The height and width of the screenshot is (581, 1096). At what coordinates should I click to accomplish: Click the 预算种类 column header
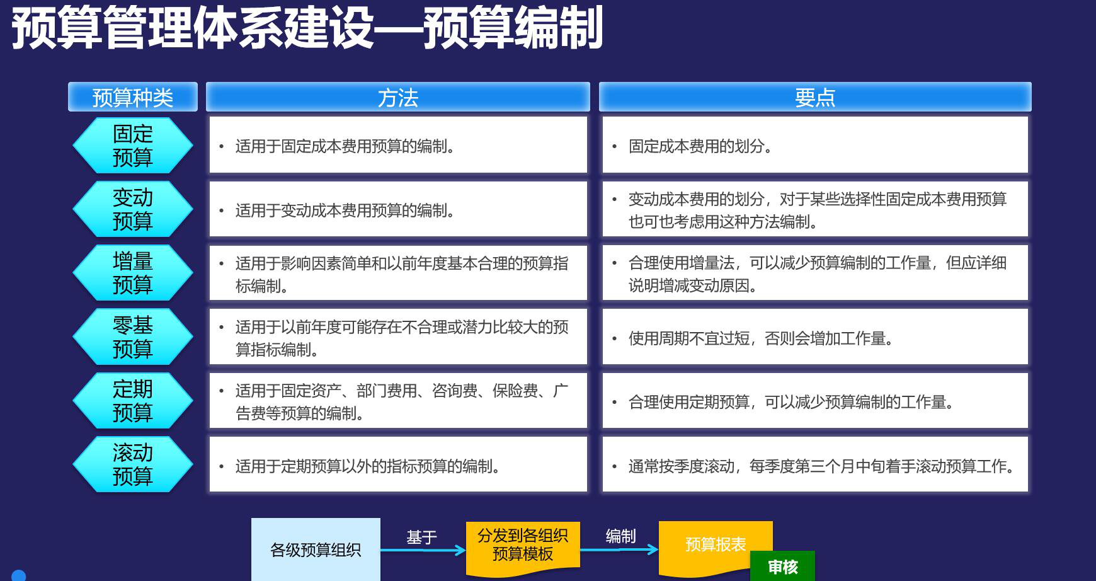[133, 97]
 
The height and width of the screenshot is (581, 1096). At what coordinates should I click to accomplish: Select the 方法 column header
[398, 97]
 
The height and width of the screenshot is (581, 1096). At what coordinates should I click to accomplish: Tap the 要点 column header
[815, 97]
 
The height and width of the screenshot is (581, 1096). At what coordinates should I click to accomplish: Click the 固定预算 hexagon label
[133, 146]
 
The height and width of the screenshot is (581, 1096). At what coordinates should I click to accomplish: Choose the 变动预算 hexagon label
[133, 209]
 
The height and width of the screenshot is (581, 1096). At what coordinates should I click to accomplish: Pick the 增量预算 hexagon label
[133, 273]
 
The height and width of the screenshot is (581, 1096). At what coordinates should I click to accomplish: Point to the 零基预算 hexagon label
[133, 337]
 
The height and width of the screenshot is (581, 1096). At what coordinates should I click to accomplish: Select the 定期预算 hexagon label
[133, 401]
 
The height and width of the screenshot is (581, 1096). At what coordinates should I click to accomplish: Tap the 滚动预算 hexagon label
[133, 464]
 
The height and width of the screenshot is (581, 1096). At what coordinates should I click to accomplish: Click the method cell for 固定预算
[398, 145]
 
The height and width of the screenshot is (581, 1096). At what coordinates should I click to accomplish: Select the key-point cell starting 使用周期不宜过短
[815, 337]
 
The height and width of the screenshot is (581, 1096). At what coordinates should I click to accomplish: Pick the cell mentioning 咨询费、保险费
[398, 401]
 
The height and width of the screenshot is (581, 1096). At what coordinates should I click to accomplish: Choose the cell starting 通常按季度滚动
[815, 464]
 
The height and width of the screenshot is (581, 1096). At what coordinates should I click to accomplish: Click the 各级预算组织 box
[316, 549]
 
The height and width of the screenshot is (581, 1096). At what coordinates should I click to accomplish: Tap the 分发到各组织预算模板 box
[523, 547]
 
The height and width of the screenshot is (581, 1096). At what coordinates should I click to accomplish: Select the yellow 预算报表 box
[716, 546]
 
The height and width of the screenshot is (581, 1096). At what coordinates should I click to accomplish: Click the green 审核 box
[783, 567]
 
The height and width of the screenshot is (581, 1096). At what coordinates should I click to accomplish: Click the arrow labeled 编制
[619, 550]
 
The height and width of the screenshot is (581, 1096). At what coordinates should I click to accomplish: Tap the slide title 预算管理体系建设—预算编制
[307, 28]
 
